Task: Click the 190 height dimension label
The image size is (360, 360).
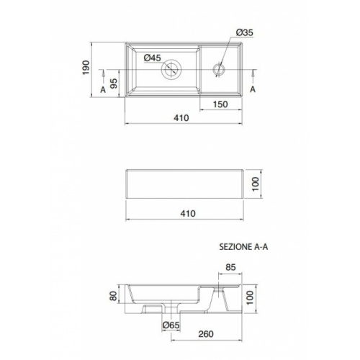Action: coord(85,68)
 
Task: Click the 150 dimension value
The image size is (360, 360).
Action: coord(221,105)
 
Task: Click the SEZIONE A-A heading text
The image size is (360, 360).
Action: coord(245,246)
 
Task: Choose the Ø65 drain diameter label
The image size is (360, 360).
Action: coord(171,326)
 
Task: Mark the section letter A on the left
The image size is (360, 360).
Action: coord(104,88)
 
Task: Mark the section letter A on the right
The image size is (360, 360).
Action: coord(253,88)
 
